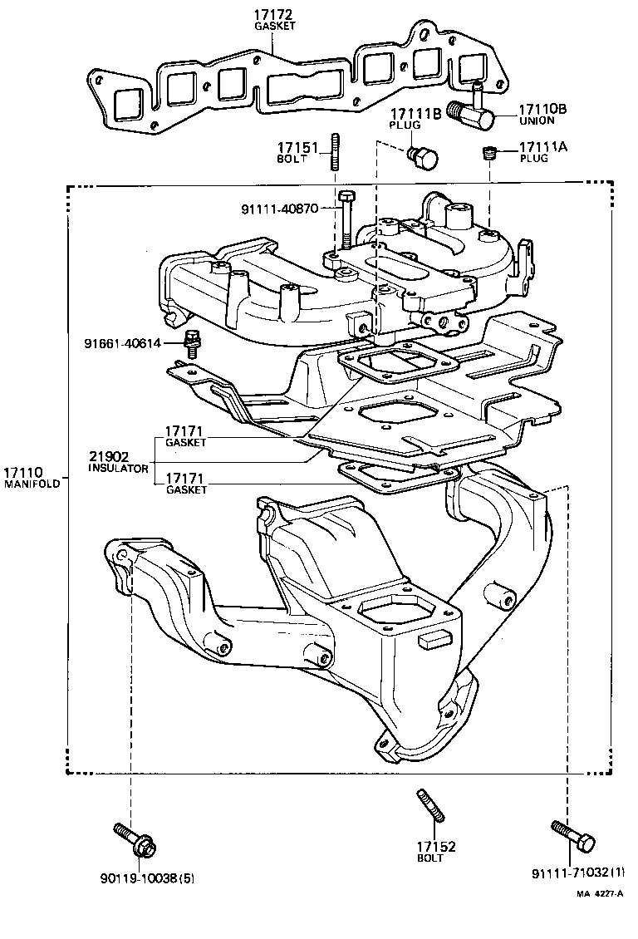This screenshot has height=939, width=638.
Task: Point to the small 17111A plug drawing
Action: coord(490,153)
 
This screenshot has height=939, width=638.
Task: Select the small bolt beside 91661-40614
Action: coord(193,342)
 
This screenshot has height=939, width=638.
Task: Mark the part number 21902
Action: coord(109,456)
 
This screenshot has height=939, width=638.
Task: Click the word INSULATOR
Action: coord(119,469)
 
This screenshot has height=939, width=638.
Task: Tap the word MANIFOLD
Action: coord(32,484)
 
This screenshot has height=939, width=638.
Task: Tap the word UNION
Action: coord(536,120)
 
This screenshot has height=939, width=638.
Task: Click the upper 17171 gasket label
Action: coord(184,432)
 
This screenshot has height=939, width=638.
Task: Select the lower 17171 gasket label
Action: coord(184,479)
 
